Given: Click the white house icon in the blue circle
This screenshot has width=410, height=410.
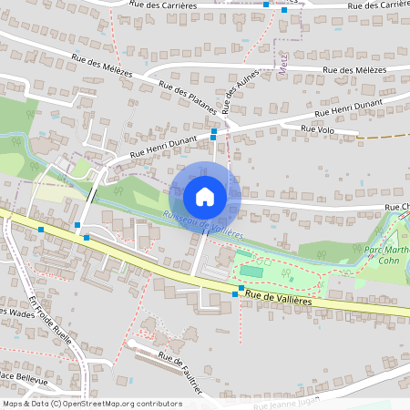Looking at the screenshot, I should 205,197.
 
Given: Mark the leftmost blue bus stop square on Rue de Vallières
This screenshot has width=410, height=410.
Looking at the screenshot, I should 41,230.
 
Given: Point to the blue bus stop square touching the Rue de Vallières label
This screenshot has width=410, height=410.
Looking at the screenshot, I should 241,289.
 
